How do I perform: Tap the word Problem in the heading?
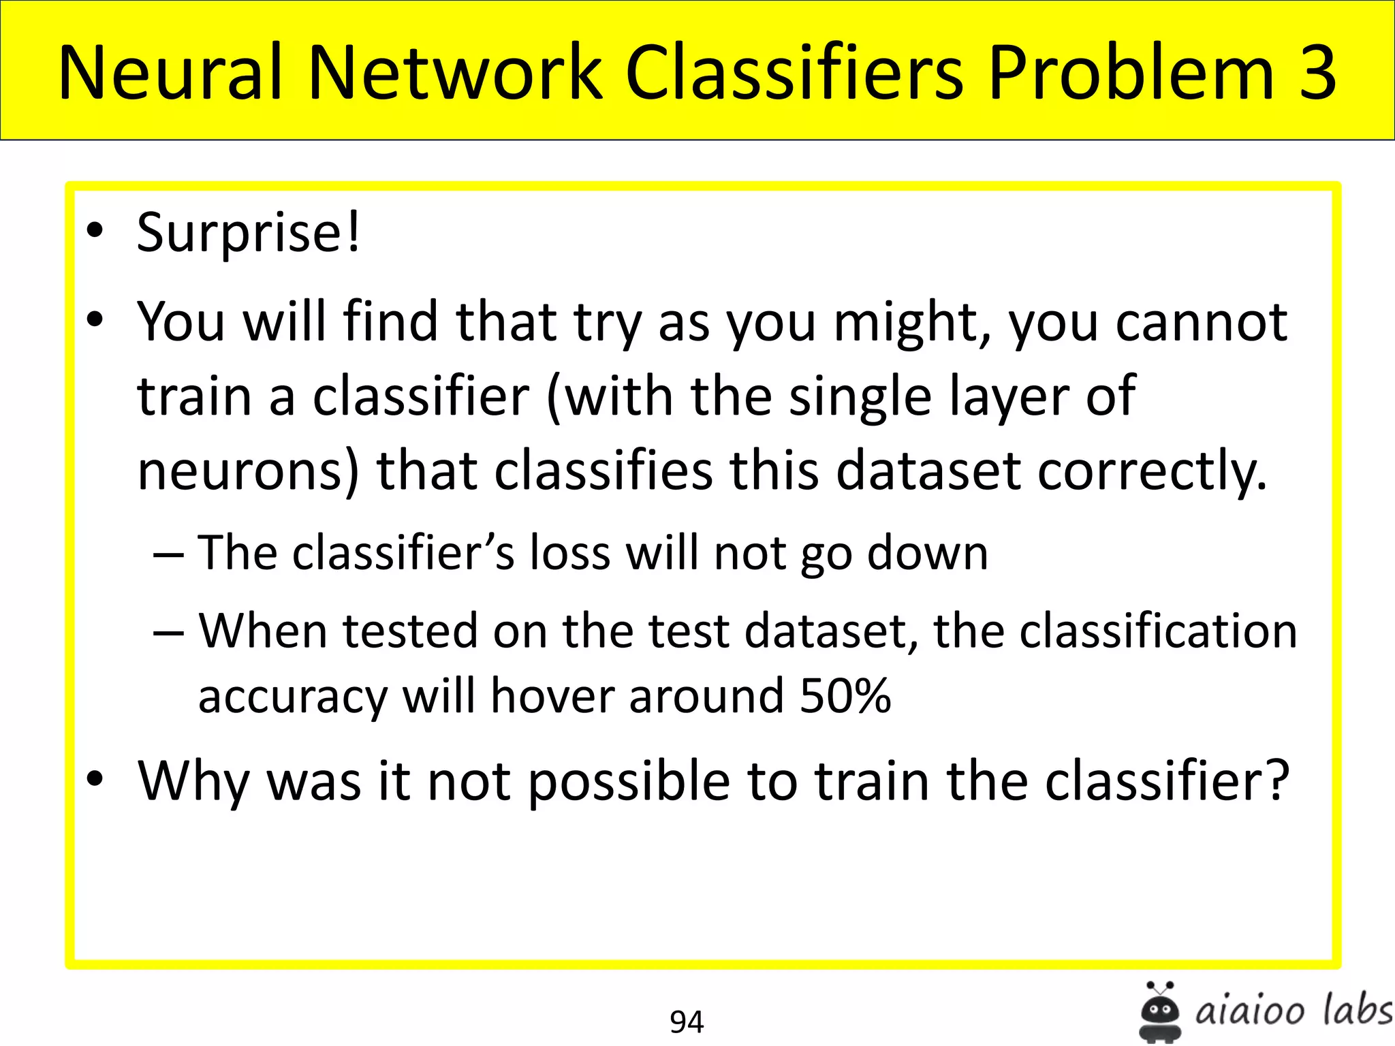click(x=1131, y=72)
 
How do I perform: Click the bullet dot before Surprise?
click(x=95, y=232)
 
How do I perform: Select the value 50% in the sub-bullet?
click(x=845, y=696)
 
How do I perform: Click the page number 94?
click(x=687, y=1021)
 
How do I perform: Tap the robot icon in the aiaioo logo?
click(x=1159, y=1012)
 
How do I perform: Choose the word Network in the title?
click(x=455, y=72)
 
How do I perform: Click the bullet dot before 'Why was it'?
click(x=95, y=779)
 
